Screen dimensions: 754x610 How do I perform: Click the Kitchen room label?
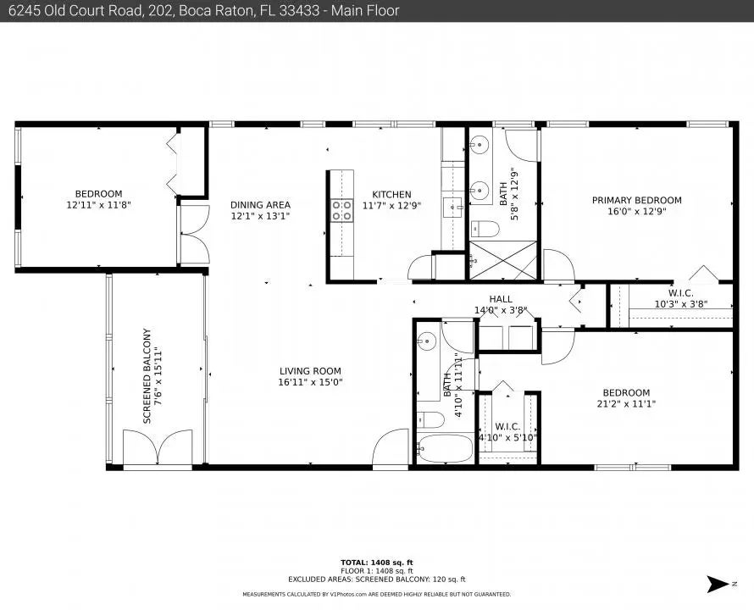point(391,194)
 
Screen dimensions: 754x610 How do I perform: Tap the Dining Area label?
point(260,205)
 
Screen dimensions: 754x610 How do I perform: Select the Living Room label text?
point(310,371)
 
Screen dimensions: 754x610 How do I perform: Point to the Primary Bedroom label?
point(637,200)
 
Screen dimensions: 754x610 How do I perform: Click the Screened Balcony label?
point(147,376)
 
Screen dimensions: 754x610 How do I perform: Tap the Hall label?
point(501,299)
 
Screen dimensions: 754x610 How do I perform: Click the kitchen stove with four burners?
point(341,211)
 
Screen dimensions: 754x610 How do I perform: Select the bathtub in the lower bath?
point(445,448)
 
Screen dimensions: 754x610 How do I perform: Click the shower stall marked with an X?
point(502,260)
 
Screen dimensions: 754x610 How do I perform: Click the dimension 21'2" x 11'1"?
point(626,403)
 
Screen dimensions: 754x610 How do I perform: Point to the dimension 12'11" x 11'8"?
point(98,205)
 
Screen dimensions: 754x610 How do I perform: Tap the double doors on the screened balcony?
point(158,447)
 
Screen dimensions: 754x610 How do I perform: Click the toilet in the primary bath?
point(485,229)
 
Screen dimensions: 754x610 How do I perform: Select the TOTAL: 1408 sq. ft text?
point(376,563)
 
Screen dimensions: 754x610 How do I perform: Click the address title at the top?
point(204,10)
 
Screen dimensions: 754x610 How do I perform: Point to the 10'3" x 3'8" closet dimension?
point(681,304)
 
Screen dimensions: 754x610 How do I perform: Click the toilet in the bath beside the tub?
point(430,420)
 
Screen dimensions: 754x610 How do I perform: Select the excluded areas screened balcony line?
point(376,579)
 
